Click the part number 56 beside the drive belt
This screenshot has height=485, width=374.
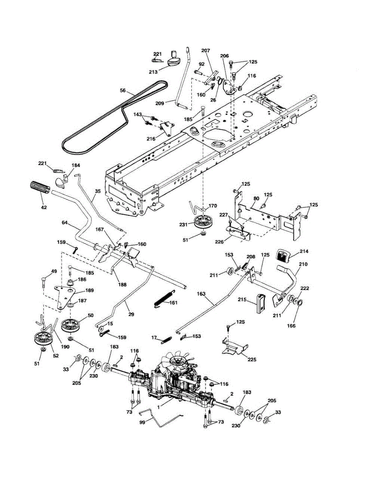click(123, 91)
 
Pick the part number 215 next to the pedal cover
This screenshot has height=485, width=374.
click(248, 299)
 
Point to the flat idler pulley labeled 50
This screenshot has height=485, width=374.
click(70, 326)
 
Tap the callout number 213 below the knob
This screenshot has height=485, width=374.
click(153, 72)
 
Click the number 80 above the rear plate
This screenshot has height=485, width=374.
click(256, 198)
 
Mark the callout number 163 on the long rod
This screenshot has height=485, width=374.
click(201, 294)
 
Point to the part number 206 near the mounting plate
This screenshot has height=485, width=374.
click(224, 56)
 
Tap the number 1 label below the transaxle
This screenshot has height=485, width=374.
click(158, 407)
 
